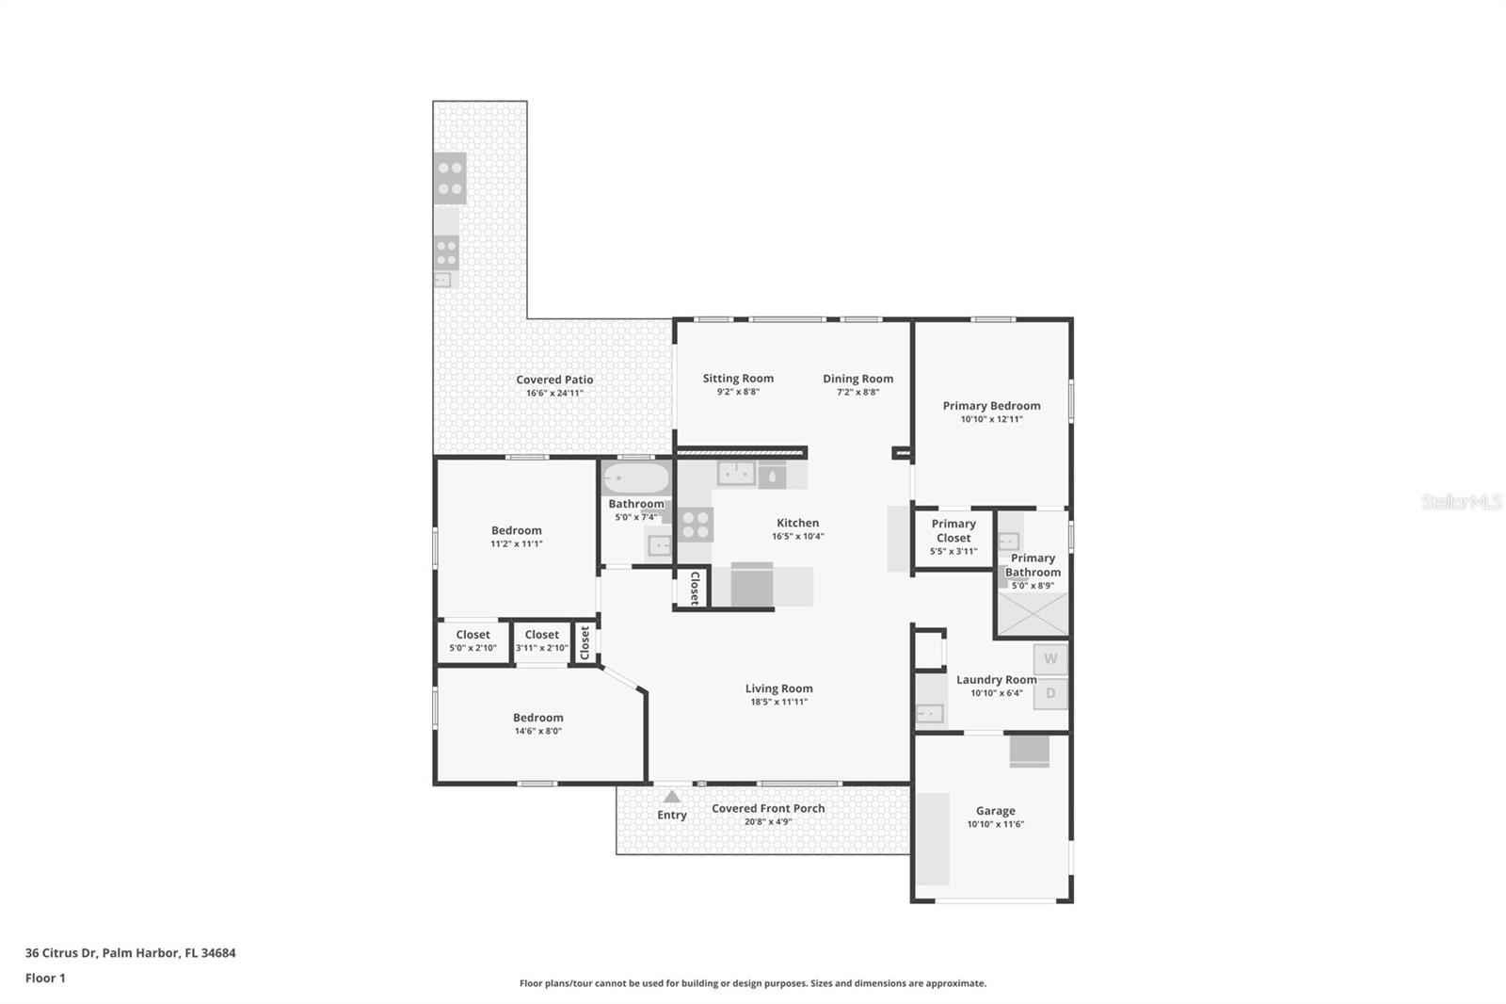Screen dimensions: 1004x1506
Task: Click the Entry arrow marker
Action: tap(671, 797)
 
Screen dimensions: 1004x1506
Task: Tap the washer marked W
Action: tap(1050, 659)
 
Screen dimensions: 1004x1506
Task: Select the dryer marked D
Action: tap(1050, 694)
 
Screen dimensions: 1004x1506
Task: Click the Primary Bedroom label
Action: tap(991, 406)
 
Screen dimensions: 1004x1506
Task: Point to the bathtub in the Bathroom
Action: tap(636, 478)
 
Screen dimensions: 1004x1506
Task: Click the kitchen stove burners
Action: tap(696, 525)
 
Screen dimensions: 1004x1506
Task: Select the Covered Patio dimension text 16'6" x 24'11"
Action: tap(554, 393)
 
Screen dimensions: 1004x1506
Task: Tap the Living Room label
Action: tap(778, 688)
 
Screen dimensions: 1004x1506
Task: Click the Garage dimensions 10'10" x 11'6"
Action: tap(995, 824)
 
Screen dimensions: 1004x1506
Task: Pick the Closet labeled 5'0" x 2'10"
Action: tap(473, 641)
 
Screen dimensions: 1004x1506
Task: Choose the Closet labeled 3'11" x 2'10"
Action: tap(541, 641)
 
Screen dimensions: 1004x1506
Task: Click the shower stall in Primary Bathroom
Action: tap(1033, 613)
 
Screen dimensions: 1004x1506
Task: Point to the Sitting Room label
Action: tap(738, 379)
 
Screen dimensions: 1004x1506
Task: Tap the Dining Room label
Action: tap(857, 379)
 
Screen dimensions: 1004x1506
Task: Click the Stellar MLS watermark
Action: tap(1461, 502)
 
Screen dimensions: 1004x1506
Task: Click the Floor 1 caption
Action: tap(45, 978)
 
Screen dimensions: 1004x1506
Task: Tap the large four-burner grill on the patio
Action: tap(450, 178)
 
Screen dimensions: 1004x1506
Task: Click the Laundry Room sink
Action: tap(930, 713)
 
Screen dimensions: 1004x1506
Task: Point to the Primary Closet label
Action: tap(953, 530)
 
